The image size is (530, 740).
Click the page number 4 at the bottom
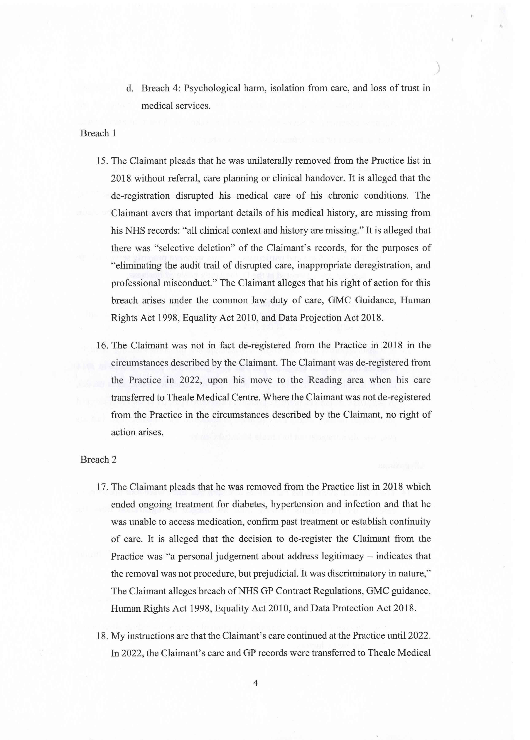[256, 683]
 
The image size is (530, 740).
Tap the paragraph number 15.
[102, 161]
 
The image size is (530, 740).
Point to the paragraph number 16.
[102, 345]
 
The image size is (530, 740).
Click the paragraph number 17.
[102, 487]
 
